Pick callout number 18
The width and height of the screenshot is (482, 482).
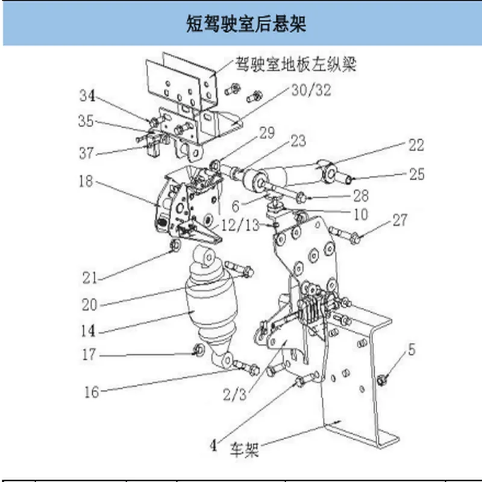pos(86,181)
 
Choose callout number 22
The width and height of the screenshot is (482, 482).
pos(416,145)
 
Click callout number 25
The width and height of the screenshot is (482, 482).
pos(416,174)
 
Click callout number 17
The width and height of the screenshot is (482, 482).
pos(89,355)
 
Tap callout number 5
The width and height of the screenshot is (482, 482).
pos(411,349)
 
